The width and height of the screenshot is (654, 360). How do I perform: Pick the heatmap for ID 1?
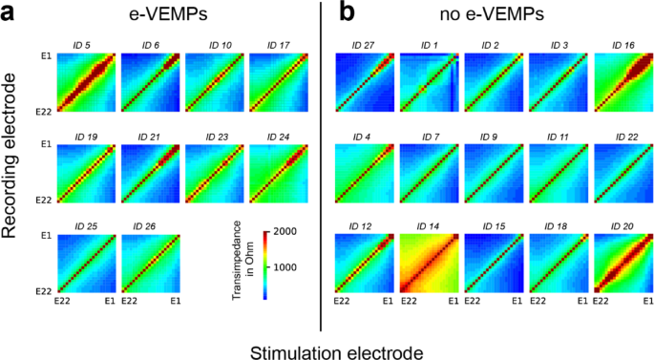pyautogui.click(x=429, y=84)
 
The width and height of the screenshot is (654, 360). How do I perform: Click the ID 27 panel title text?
pyautogui.click(x=362, y=46)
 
